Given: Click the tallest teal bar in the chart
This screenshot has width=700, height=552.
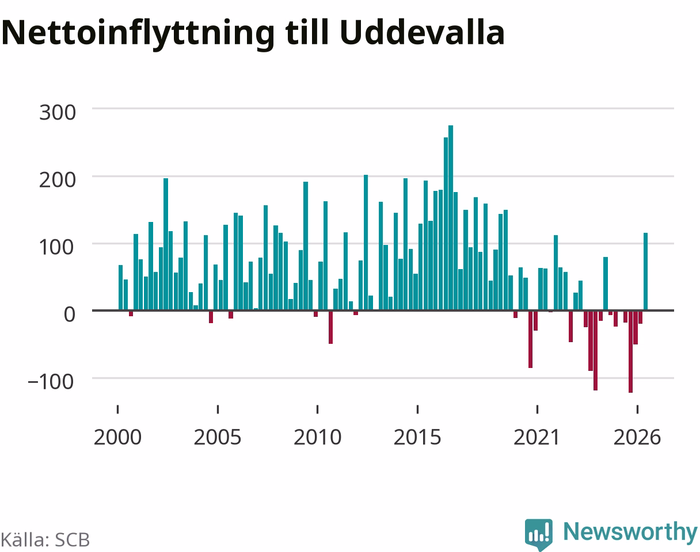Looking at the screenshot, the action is coord(451,218).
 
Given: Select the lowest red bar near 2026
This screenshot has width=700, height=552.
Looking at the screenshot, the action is coord(630,351).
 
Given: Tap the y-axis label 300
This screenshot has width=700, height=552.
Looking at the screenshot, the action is coord(58,113).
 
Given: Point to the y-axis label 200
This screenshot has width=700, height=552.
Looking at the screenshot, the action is coord(58,180).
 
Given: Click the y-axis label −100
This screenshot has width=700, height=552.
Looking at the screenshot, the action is coord(51,382).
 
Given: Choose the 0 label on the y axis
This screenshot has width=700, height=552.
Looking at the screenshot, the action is coord(69,315).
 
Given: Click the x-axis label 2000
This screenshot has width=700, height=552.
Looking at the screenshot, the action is coord(118,438).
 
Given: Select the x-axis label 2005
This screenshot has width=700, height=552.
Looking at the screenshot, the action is coord(218,438).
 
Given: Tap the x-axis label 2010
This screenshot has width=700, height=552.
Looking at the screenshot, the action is coord(317,438).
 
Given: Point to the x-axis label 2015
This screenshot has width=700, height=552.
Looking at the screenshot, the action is coord(417,438).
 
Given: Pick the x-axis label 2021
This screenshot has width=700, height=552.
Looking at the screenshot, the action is coord(537,438).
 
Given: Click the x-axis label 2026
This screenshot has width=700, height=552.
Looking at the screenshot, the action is coord(637,438).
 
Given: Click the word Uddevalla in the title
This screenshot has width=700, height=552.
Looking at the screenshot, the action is coord(422,33).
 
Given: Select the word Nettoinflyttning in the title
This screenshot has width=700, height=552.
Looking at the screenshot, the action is coord(138,35).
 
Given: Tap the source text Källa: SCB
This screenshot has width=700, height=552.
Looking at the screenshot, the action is coord(45,540).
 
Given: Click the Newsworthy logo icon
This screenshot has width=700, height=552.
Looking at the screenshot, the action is coord(539,534).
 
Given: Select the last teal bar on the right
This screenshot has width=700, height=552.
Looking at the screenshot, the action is coord(646,271).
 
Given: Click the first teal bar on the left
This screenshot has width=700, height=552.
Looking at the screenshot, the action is coord(121,288).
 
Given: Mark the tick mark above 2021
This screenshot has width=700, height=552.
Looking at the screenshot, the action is coord(537,409).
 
